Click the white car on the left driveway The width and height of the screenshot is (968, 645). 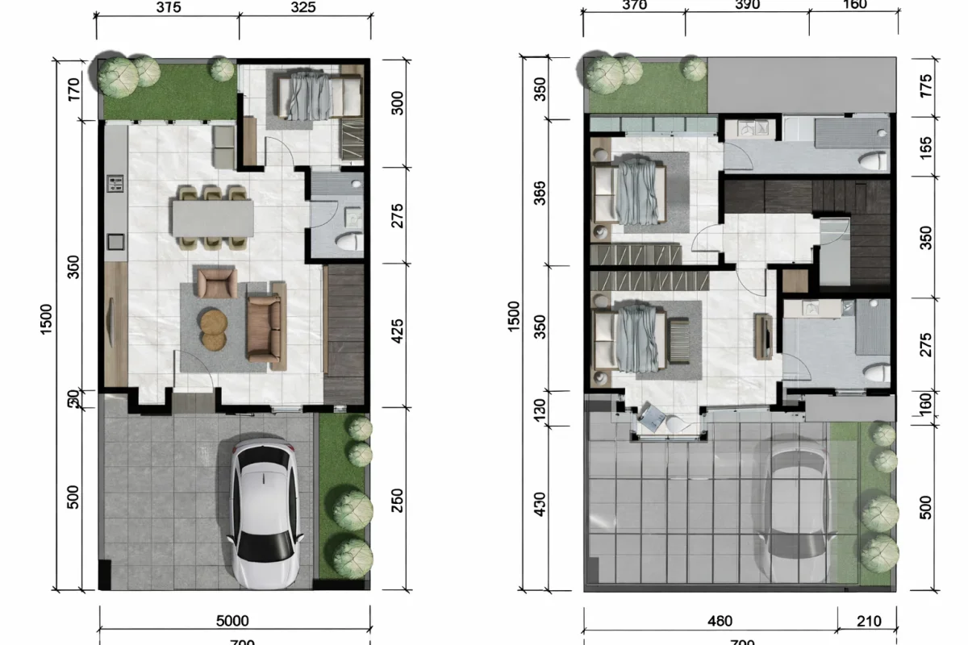265,514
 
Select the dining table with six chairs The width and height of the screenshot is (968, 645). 212,216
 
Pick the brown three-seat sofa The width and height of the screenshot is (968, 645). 265,326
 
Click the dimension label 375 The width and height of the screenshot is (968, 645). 168,7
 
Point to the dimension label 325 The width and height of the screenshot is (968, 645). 302,7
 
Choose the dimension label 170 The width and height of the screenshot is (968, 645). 73,89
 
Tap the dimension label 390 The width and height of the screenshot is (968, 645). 747,5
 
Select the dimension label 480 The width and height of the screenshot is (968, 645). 719,621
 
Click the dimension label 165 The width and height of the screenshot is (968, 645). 925,147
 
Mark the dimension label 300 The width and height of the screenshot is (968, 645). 397,102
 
